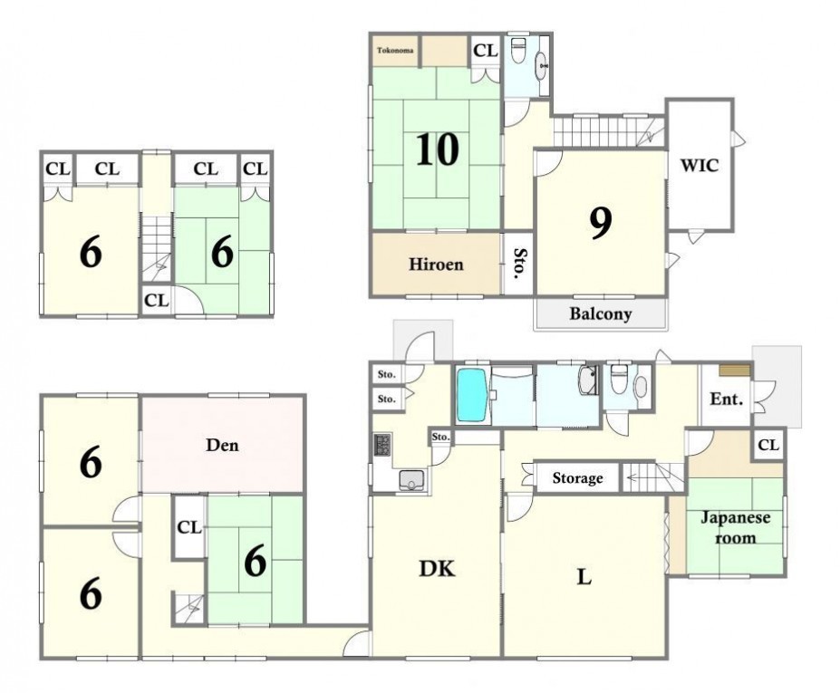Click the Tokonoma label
coord(395,51)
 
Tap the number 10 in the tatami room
coord(437,149)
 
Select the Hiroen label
coord(436,264)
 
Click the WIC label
coord(700,166)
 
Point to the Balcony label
coord(600,313)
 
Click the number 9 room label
coord(601,224)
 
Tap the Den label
coord(222,445)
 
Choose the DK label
coord(437,569)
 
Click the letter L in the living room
coord(584,577)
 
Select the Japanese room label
coord(736,527)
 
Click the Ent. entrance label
coord(727,399)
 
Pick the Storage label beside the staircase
coord(577,477)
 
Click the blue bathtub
coord(471,395)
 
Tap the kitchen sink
coord(412,480)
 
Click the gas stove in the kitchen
coord(382,445)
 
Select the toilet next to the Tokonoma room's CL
coord(518,50)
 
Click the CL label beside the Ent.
coord(768,445)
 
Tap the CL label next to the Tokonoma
coord(486,51)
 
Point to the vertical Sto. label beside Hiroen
coord(519,264)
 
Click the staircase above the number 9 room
coord(609,132)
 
